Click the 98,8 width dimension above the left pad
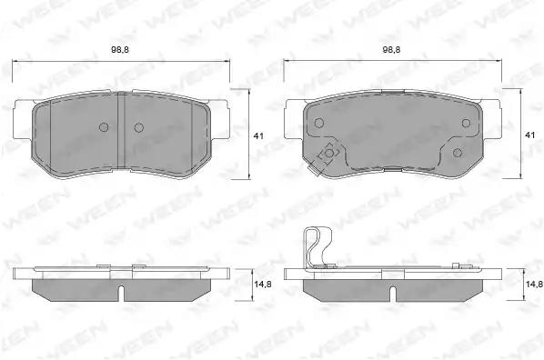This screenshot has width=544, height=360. [120, 50]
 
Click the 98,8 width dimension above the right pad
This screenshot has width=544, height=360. [391, 50]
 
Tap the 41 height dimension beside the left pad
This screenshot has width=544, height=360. [258, 136]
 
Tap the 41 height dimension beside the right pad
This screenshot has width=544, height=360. [529, 135]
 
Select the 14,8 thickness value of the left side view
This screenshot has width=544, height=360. [263, 285]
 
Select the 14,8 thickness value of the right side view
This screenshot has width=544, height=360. [534, 285]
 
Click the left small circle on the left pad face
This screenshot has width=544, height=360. [104, 127]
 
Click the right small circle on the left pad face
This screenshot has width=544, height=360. [139, 127]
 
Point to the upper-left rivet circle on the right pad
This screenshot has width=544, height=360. [318, 123]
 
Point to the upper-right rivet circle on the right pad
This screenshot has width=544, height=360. [466, 123]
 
